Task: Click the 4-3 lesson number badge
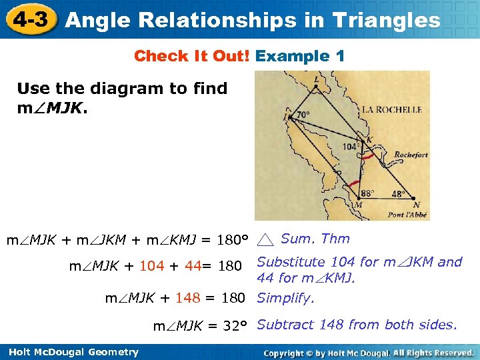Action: point(31,19)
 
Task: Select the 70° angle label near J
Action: point(303,115)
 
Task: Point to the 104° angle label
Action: point(351,146)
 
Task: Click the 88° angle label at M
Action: point(367,193)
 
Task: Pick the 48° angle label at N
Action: point(398,194)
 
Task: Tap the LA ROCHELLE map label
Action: point(392,109)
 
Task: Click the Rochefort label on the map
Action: point(411,155)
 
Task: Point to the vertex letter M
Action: point(359,205)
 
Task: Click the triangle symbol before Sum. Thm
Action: point(266,239)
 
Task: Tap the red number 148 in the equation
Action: point(189,298)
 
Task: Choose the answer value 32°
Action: point(234,325)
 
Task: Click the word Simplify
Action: point(285,298)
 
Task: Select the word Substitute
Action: point(291,262)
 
